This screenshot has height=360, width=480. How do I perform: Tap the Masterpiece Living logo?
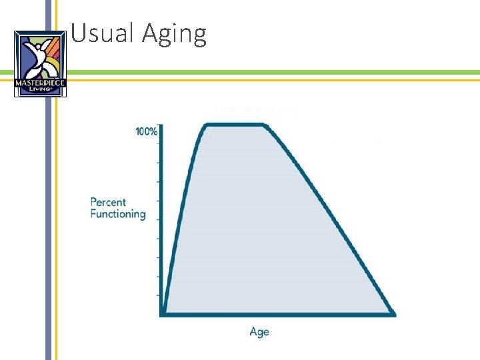[40, 63]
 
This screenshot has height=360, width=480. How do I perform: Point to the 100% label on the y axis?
[147, 131]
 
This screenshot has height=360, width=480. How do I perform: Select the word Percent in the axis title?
[108, 202]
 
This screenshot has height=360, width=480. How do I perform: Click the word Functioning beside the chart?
[118, 214]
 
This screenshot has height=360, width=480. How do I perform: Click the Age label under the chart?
[259, 331]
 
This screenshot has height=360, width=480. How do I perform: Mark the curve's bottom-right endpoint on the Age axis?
[394, 313]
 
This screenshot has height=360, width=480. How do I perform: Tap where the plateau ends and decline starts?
[265, 125]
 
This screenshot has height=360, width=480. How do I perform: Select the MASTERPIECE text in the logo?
[40, 83]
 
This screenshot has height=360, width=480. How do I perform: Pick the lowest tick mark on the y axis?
[159, 295]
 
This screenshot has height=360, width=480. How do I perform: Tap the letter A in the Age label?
[254, 331]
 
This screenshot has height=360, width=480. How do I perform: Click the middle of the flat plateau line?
[237, 125]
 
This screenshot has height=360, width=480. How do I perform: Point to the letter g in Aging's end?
[199, 36]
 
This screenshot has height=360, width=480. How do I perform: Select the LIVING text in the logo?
[40, 90]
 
